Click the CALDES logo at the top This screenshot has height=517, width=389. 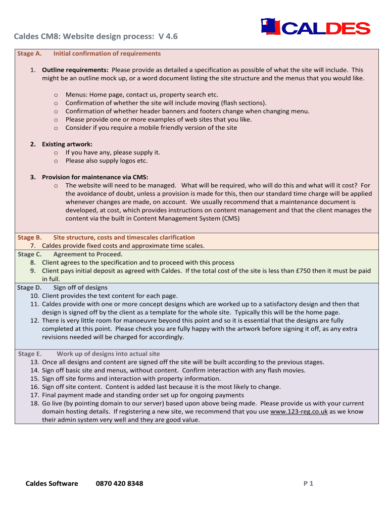315,28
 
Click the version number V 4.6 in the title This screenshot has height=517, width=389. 168,36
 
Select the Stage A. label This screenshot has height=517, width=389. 29,54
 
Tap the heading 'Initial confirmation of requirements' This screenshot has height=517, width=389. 107,54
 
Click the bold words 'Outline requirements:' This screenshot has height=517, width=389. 75,70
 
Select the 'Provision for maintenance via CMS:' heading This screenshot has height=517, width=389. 94,177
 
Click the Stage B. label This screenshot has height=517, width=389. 29,237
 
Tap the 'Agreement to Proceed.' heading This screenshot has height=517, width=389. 88,254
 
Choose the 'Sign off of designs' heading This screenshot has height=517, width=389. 80,287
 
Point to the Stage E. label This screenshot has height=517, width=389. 29,354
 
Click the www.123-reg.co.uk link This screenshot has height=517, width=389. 299,411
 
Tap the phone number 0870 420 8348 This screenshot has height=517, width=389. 119,483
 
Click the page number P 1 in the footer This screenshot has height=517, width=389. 308,483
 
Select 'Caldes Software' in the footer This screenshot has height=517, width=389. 52,483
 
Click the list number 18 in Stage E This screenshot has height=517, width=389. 34,403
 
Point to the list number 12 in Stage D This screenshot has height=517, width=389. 34,321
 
